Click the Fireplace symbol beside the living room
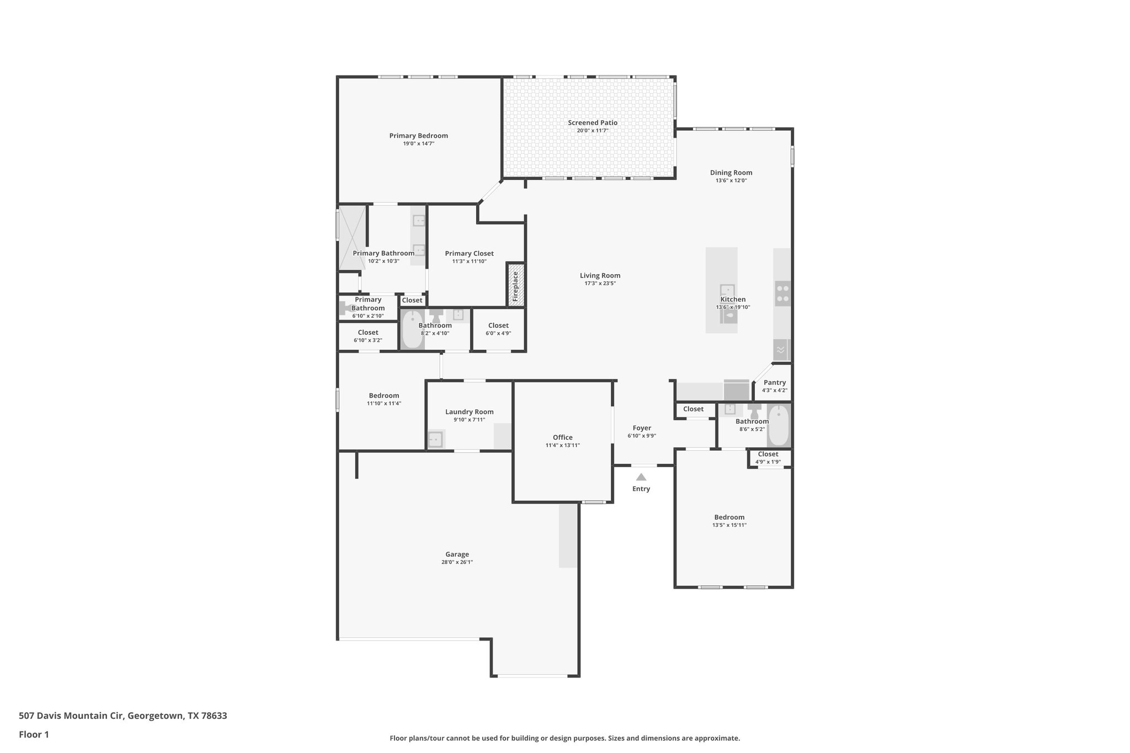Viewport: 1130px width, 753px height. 516,285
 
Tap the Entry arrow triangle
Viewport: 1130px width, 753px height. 641,477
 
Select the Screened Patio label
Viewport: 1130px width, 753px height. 593,122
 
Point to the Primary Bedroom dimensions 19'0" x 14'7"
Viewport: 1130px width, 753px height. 418,143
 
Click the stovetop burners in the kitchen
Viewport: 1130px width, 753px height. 782,293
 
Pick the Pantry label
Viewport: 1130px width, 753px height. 774,382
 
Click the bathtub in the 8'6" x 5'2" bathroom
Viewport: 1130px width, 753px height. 779,425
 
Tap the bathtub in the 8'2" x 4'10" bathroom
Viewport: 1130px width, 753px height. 412,330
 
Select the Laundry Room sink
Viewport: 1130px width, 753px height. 435,440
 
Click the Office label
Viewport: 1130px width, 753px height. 562,437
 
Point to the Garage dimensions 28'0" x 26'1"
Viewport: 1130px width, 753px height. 457,562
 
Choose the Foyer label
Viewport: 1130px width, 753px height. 642,428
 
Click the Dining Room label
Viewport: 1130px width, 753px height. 731,173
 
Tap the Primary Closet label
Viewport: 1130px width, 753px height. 469,254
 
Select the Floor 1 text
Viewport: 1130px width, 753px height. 34,734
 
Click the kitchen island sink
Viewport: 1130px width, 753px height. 727,290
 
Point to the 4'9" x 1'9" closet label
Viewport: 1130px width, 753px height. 767,454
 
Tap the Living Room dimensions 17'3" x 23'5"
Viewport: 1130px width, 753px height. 600,284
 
